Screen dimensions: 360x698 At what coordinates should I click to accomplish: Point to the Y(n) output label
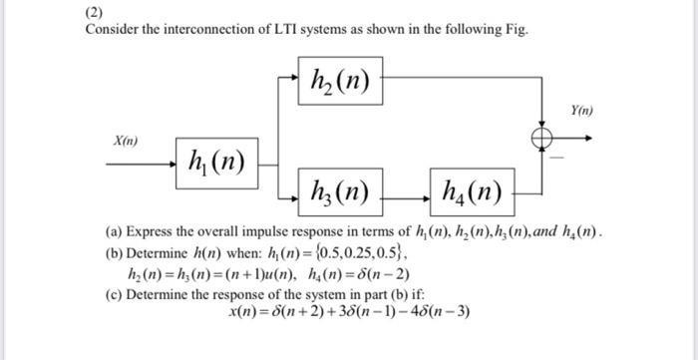580,113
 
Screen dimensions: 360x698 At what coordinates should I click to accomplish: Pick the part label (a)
113,231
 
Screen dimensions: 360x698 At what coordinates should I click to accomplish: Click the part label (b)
113,253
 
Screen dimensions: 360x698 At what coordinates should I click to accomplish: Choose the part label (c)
113,295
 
